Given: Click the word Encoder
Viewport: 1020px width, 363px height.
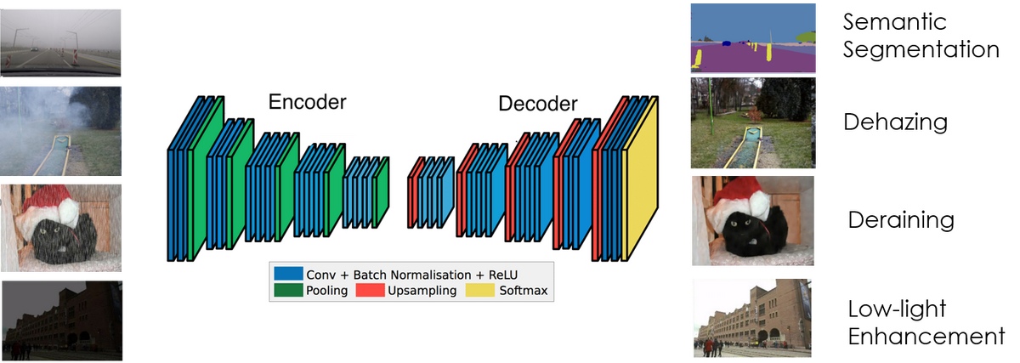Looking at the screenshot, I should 307,103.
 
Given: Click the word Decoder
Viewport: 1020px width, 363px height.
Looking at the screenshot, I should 538,105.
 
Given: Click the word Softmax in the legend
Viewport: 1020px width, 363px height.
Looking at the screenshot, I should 524,291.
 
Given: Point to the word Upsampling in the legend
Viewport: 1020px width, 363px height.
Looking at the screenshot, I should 422,291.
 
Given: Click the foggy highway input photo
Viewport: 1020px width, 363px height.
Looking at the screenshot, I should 60,43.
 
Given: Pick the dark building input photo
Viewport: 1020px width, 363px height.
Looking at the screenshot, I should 60,319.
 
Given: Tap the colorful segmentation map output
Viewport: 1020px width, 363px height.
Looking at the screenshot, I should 752,38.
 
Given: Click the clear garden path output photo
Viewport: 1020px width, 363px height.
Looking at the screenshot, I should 752,122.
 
